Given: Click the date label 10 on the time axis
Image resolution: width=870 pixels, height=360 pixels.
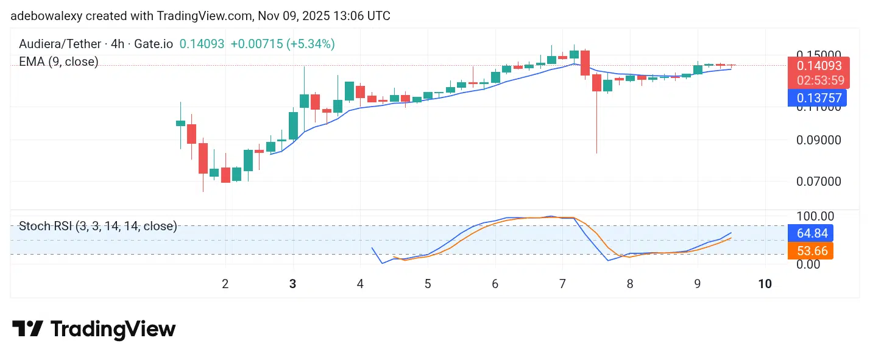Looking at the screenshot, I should (x=765, y=284).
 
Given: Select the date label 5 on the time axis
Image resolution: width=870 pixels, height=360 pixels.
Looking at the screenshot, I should (x=428, y=284).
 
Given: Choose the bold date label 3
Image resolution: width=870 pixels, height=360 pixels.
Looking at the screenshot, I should (x=293, y=284).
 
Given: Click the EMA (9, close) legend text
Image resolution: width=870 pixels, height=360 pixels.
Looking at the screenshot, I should (x=58, y=62).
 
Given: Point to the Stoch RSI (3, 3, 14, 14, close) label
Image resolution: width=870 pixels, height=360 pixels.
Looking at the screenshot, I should (x=98, y=227).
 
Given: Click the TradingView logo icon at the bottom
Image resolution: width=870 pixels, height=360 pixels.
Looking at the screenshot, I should (x=27, y=329).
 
